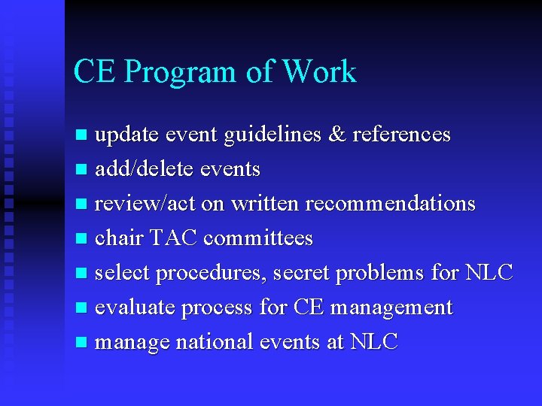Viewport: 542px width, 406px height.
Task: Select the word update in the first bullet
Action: click(126, 135)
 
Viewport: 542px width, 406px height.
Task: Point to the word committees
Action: click(257, 238)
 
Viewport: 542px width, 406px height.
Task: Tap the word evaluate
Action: click(137, 308)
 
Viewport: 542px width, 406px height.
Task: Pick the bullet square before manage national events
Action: click(81, 344)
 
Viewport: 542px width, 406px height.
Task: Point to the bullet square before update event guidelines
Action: click(81, 136)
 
